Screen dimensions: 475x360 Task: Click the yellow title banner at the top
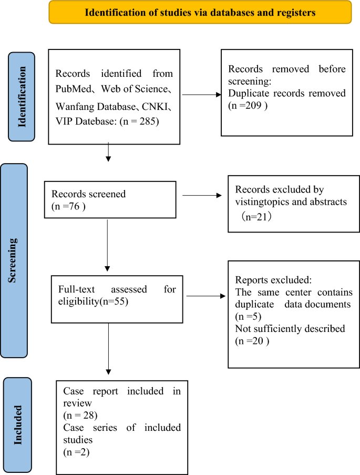click(x=200, y=13)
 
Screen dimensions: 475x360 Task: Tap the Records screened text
click(x=89, y=194)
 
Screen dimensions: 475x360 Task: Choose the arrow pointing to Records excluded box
click(x=202, y=196)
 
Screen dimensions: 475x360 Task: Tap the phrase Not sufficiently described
click(x=290, y=329)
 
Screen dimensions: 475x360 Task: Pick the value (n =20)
click(x=252, y=341)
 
